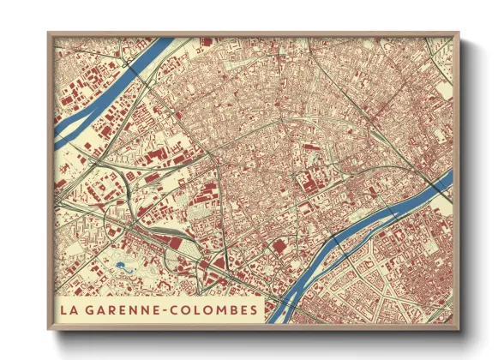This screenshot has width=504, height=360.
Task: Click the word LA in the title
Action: (70, 308)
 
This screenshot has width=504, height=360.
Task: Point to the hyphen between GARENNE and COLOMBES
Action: (171, 309)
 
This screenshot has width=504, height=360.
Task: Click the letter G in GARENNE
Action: (93, 308)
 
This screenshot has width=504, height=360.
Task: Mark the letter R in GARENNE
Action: (113, 308)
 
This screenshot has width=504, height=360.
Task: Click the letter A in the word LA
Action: (75, 308)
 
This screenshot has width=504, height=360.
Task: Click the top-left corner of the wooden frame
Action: (49, 33)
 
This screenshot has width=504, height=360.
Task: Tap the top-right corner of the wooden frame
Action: (459, 33)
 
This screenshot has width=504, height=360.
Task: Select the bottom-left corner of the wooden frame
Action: (49, 329)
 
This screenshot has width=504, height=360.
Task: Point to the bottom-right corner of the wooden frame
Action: (459, 329)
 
